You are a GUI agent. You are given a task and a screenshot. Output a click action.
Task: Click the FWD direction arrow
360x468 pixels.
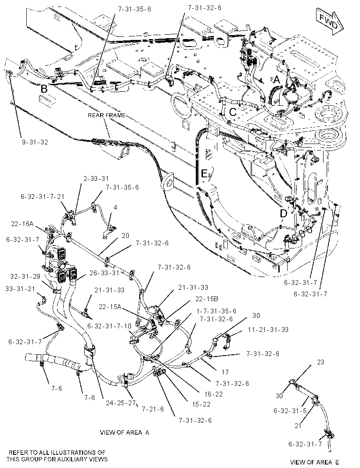coord(330,22)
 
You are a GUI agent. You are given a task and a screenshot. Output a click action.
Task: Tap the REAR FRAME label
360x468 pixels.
coord(107,115)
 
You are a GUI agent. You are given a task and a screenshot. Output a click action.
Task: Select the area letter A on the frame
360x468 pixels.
coord(277,80)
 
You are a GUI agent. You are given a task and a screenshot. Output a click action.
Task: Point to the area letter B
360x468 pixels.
coord(44,89)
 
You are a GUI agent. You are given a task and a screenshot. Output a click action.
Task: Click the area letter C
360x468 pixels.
coord(233,112)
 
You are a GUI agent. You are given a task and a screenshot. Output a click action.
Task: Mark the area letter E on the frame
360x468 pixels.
coord(204,173)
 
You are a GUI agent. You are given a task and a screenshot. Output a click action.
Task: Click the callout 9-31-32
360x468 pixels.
coord(35,142)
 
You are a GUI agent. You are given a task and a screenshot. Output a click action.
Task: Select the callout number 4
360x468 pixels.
coord(115,207)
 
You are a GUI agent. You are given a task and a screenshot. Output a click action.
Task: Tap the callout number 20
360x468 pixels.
coord(126,235)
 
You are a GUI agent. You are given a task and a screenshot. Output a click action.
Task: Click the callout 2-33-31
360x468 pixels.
coord(96,179)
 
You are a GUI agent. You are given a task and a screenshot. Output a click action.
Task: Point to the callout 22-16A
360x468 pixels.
coord(22,223)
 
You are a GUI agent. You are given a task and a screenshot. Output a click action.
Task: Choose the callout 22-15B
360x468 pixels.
coord(207,299)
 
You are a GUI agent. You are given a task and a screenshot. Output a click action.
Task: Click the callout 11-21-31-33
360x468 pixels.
coord(268,330)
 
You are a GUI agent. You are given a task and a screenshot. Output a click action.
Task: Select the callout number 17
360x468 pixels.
coord(225,372)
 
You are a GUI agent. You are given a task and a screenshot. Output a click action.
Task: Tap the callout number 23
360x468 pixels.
coord(320,362)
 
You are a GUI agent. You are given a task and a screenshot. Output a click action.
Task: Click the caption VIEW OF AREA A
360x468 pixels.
coord(125,432)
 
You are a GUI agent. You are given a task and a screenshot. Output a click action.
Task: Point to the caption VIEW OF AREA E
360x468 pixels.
coord(315,462)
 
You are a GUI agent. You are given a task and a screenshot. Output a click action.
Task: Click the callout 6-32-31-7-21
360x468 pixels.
coord(43,196)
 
